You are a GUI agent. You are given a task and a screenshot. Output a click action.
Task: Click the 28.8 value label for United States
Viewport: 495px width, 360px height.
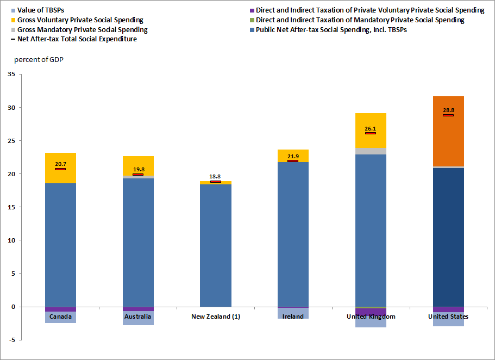(448, 110)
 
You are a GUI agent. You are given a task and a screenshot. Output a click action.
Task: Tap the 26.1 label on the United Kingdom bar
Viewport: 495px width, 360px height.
(370, 129)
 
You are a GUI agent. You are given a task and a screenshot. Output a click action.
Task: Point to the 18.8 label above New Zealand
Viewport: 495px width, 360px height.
(215, 177)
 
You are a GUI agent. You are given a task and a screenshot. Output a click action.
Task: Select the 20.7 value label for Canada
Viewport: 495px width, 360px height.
(60, 164)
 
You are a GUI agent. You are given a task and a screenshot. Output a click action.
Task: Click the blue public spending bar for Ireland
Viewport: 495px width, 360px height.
(293, 234)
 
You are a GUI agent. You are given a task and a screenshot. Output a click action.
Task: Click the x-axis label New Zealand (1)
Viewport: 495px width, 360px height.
(216, 316)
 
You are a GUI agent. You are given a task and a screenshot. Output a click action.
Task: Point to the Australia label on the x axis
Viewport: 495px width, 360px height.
(137, 316)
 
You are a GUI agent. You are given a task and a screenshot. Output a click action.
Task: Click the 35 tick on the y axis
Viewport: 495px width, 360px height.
(11, 75)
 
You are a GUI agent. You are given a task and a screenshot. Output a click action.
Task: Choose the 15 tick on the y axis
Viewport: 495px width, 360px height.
(11, 207)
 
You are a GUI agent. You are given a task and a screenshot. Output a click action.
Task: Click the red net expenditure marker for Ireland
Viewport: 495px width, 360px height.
(293, 161)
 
